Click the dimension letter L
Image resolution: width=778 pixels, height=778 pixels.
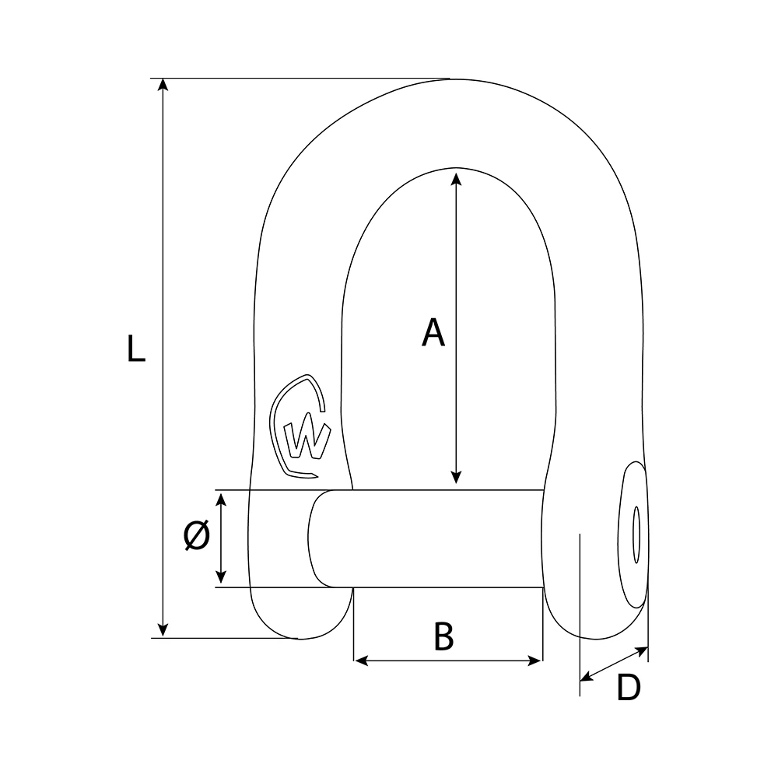(136, 348)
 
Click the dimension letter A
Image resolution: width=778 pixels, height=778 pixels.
(433, 333)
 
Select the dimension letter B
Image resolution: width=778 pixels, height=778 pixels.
(443, 636)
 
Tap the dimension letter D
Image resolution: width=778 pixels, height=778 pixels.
(628, 688)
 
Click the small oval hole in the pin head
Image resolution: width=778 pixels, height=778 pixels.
(636, 534)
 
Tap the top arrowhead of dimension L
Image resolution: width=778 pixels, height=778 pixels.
(163, 85)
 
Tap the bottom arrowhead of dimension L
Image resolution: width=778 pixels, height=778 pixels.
(163, 631)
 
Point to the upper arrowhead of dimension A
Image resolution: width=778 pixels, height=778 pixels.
(457, 177)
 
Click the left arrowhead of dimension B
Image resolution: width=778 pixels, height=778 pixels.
(360, 661)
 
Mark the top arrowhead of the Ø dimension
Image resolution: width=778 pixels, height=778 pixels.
(222, 497)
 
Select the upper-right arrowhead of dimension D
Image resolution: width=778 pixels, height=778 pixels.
(642, 649)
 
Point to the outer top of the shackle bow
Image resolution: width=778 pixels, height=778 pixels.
(451, 80)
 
